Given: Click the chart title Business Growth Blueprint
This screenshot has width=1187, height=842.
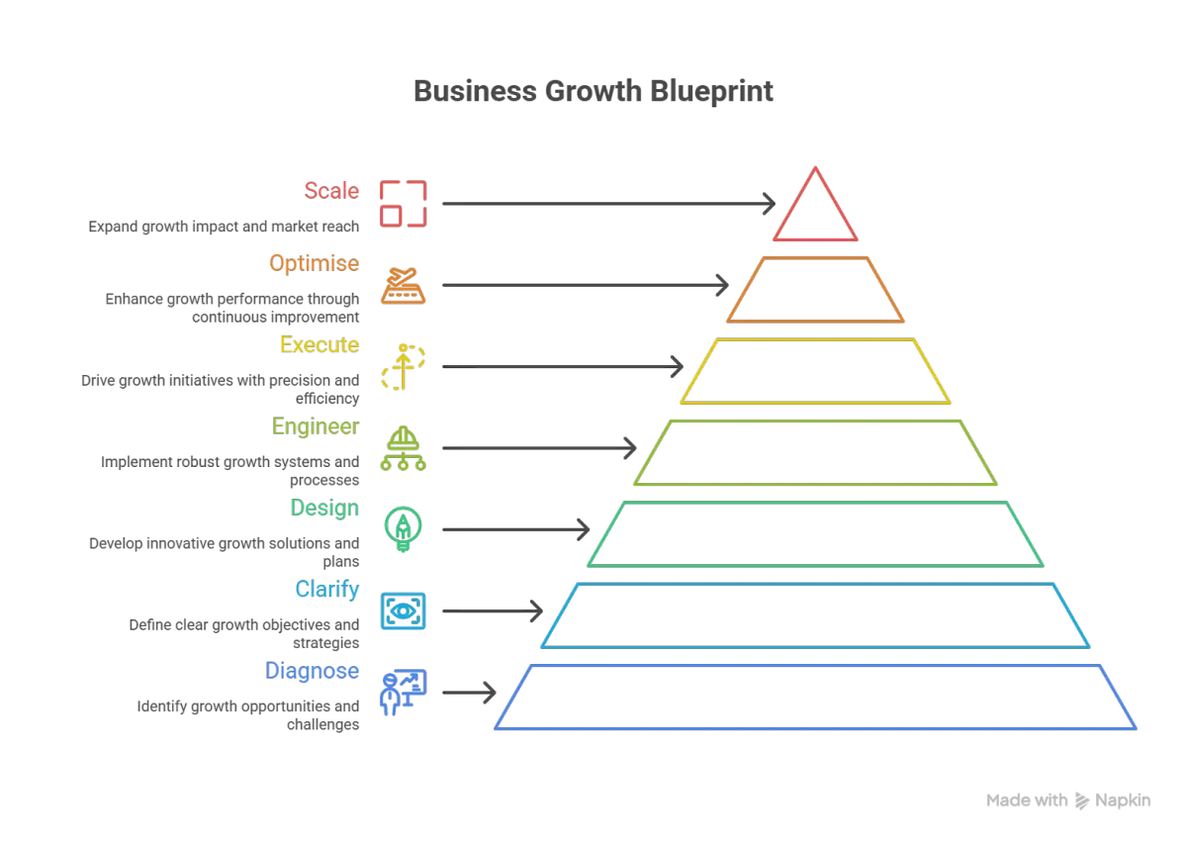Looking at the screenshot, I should pyautogui.click(x=593, y=92).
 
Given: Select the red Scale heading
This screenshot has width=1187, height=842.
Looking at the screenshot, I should pyautogui.click(x=331, y=190).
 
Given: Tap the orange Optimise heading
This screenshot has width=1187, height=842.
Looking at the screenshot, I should pyautogui.click(x=314, y=265).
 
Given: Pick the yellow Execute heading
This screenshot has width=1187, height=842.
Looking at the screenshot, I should pyautogui.click(x=320, y=345).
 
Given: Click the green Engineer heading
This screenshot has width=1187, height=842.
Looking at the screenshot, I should pyautogui.click(x=316, y=426).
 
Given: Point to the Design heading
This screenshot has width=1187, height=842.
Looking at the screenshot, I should pyautogui.click(x=324, y=509).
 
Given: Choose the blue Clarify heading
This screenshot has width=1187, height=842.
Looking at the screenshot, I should pyautogui.click(x=326, y=591).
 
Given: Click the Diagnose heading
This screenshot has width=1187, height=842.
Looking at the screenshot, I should pyautogui.click(x=312, y=671).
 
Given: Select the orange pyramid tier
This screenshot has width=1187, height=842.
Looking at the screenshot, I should pyautogui.click(x=816, y=289).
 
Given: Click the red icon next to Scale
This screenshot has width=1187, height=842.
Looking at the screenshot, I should pyautogui.click(x=404, y=204).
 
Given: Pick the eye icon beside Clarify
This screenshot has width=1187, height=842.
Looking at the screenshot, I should pyautogui.click(x=404, y=611).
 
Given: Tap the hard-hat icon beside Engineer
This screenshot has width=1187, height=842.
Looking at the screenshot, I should pyautogui.click(x=404, y=448).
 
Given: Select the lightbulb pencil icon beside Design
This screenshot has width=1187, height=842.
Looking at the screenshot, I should pyautogui.click(x=404, y=529).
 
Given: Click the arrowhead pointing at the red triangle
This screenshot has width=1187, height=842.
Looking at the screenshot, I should pyautogui.click(x=768, y=202).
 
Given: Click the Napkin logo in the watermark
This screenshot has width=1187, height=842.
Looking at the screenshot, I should pyautogui.click(x=1083, y=800).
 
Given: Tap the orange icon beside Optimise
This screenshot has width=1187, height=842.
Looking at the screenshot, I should pyautogui.click(x=404, y=286).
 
